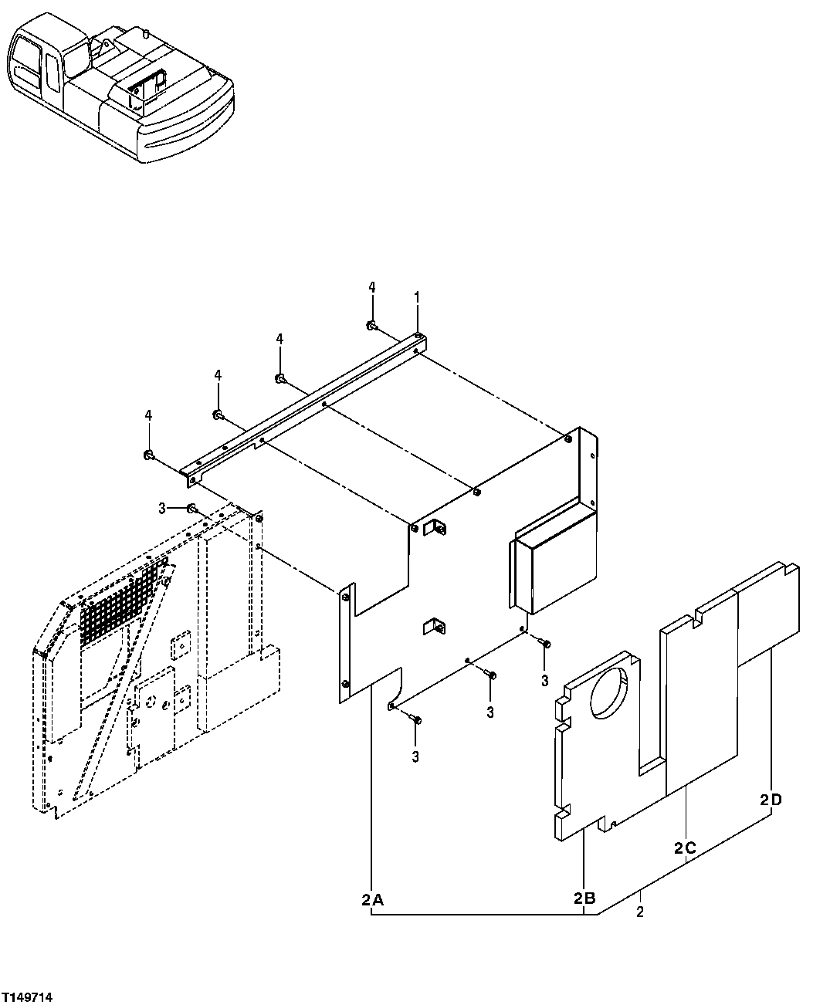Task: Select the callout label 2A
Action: tap(372, 899)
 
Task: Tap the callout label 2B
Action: tap(584, 898)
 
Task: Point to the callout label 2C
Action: tap(685, 848)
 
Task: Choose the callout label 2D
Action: tap(771, 800)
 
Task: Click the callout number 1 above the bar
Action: tap(417, 296)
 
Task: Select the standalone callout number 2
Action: tap(640, 913)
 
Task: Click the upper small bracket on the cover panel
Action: tap(437, 527)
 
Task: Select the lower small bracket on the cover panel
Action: tap(434, 627)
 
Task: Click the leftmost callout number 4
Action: tap(148, 416)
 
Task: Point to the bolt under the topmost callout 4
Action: tap(371, 326)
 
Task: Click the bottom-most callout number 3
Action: tap(415, 757)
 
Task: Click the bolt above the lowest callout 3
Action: tap(417, 719)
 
